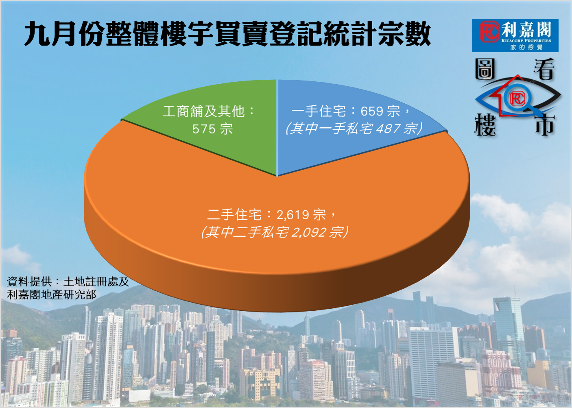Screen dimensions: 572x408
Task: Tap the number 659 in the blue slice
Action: [372, 111]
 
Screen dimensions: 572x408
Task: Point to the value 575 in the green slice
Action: [204, 129]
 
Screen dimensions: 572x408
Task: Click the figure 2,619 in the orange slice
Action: [292, 215]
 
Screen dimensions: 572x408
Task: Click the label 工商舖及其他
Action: [204, 111]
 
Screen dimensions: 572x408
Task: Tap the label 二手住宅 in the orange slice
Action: [234, 215]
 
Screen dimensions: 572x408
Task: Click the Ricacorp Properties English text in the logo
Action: [526, 40]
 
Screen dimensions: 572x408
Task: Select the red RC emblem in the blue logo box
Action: [489, 31]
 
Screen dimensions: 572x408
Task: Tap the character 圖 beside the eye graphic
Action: [485, 69]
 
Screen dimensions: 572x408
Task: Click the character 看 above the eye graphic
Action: [544, 69]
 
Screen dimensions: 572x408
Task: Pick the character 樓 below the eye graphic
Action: [485, 125]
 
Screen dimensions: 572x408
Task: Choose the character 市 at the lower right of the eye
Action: [545, 125]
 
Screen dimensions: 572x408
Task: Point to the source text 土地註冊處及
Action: [96, 281]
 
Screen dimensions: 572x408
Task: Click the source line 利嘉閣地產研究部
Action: [52, 295]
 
